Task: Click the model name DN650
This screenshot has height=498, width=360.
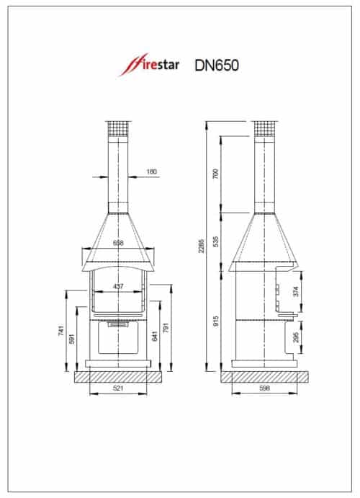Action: coord(217,66)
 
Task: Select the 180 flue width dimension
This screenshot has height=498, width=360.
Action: coord(151,172)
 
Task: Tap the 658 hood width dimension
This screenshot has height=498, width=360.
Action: coord(118,244)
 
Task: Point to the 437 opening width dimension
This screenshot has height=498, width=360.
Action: coord(118,286)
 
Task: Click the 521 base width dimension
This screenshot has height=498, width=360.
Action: coord(117,389)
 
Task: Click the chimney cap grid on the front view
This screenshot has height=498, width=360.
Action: coord(118,127)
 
